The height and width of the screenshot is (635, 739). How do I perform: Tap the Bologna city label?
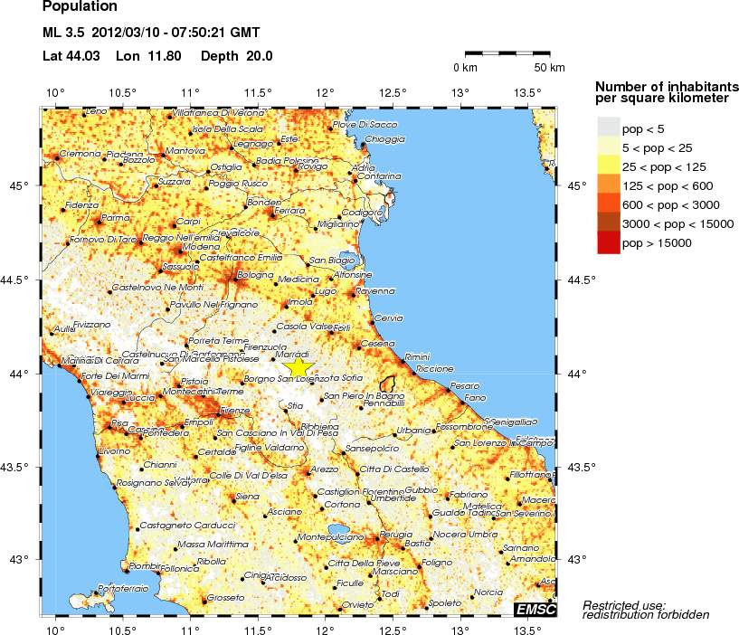click(254, 274)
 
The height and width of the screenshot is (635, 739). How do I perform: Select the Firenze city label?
click(234, 411)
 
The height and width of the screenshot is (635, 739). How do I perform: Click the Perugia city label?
click(395, 535)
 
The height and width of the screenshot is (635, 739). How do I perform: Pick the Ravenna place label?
click(375, 291)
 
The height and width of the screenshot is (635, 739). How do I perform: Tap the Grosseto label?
click(226, 598)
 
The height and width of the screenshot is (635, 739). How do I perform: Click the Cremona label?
click(80, 154)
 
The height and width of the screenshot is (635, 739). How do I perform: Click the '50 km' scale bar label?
click(550, 68)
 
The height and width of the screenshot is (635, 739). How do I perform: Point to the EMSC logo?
click(534, 609)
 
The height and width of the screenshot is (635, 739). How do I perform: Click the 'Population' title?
click(80, 7)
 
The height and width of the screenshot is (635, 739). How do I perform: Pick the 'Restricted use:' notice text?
click(624, 604)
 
